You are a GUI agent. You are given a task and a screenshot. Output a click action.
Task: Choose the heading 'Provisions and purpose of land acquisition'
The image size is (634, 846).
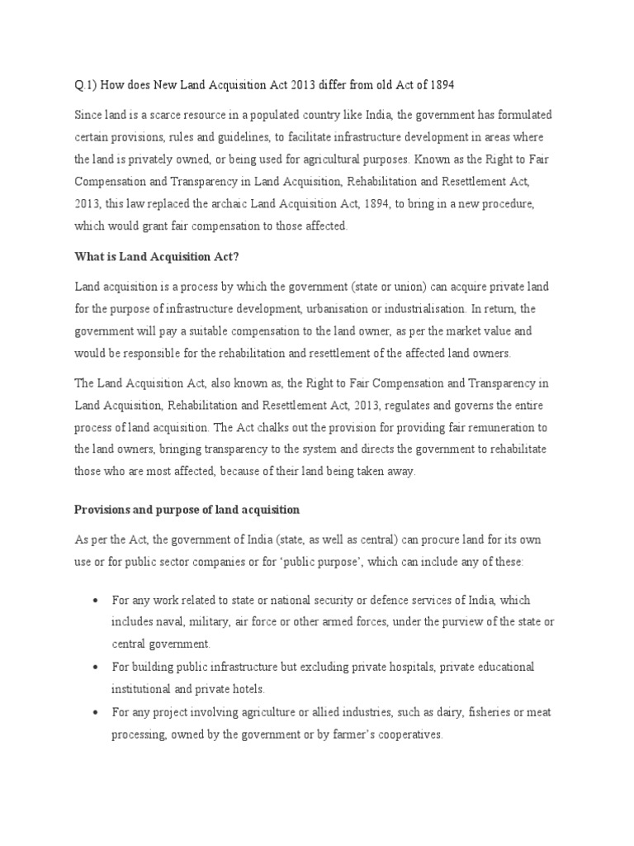click(x=187, y=509)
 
